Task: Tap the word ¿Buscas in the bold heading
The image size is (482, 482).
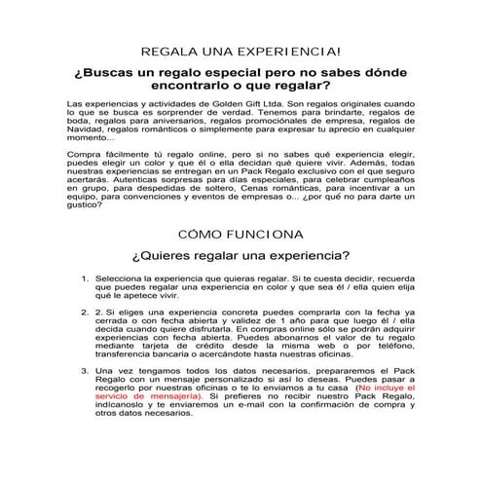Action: [108, 73]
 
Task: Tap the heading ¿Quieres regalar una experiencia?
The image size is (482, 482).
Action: [240, 258]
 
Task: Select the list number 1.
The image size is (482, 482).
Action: [85, 278]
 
